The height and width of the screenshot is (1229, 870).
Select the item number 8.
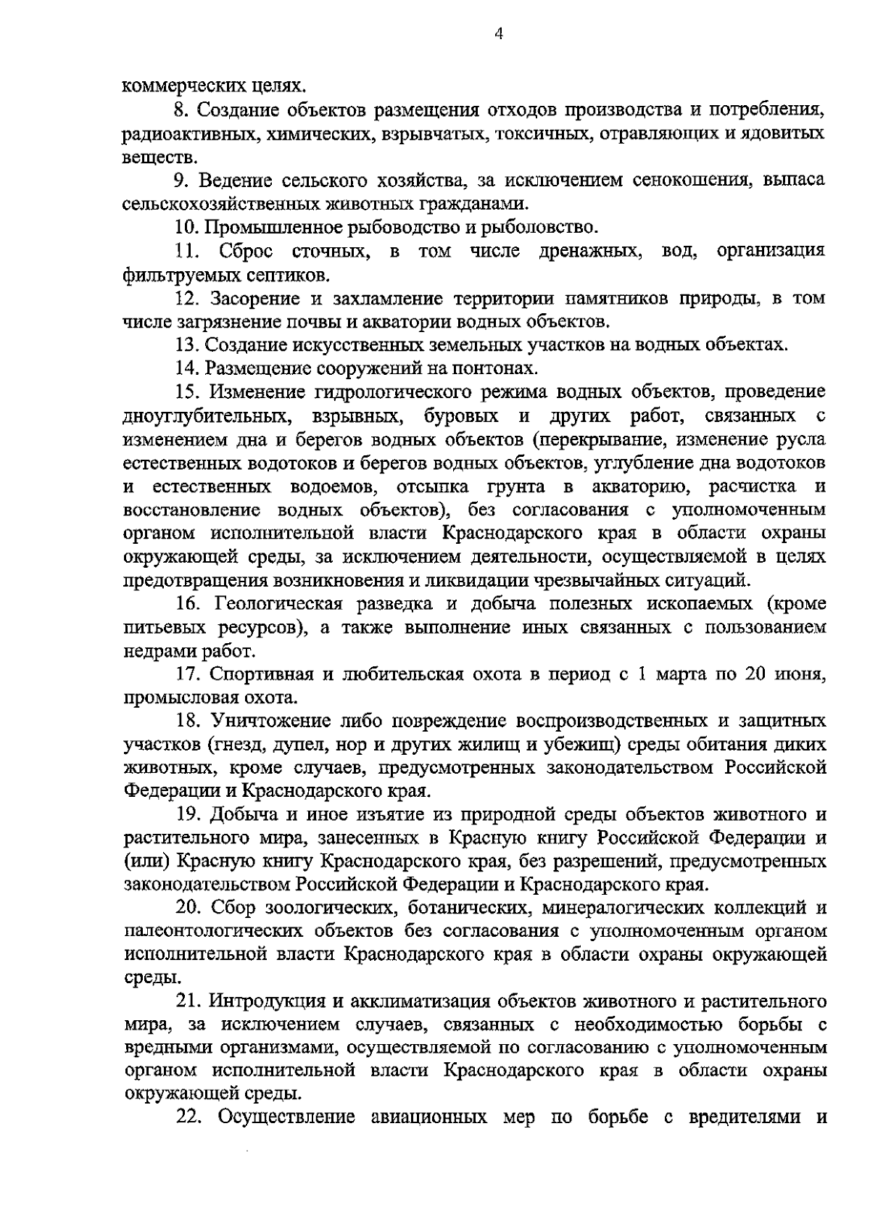click(181, 110)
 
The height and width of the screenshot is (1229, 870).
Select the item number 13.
click(186, 345)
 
